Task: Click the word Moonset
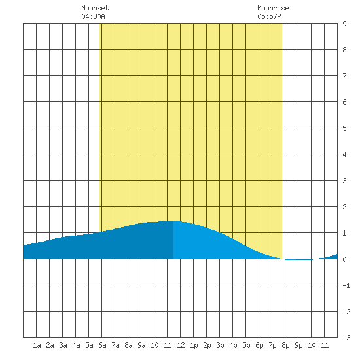click(95, 8)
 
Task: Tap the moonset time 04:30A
click(93, 16)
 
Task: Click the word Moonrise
click(273, 8)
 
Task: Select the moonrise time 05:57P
click(269, 16)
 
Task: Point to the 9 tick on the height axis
click(344, 24)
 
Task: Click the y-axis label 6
click(344, 102)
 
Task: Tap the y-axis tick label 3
click(344, 181)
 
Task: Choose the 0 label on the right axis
click(344, 259)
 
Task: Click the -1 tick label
click(346, 285)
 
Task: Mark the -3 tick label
click(346, 338)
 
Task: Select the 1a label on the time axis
click(37, 345)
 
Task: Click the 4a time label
click(76, 345)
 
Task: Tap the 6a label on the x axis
click(102, 345)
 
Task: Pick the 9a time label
click(141, 345)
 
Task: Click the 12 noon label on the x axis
click(181, 345)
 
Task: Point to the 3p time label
click(220, 345)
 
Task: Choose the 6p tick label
click(259, 345)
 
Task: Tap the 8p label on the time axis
click(285, 345)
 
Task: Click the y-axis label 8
click(344, 50)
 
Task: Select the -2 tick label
click(346, 312)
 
